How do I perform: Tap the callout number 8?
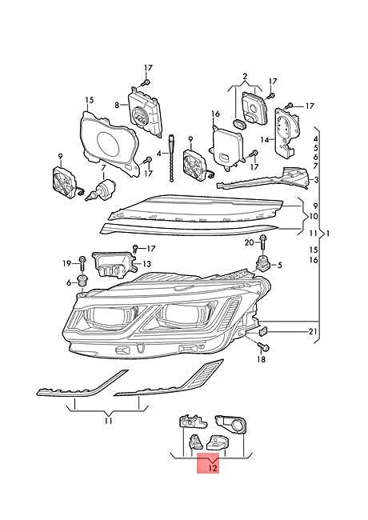(x=117, y=104)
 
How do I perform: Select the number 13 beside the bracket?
(x=147, y=263)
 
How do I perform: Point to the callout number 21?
(x=314, y=332)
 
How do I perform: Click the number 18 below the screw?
(x=260, y=361)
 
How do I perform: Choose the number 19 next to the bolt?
(x=68, y=262)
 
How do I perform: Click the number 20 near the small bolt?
(x=249, y=242)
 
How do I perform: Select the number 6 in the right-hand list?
(x=315, y=165)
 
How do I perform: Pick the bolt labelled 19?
(x=82, y=270)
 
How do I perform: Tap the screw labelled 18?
(x=264, y=345)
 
